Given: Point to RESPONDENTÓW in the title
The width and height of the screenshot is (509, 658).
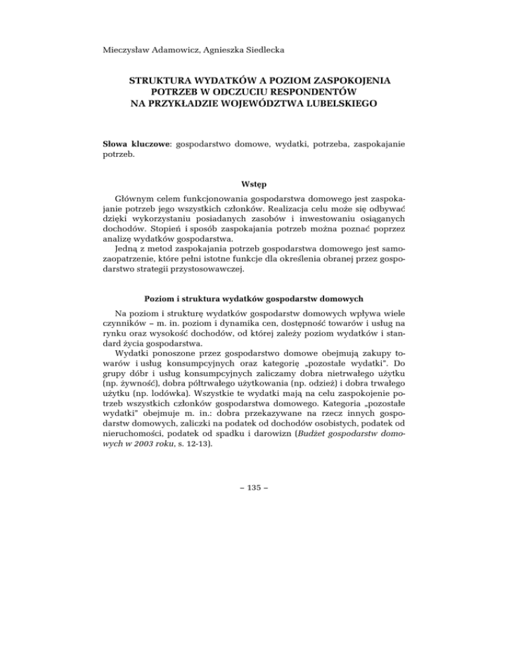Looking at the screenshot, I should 306,91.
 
